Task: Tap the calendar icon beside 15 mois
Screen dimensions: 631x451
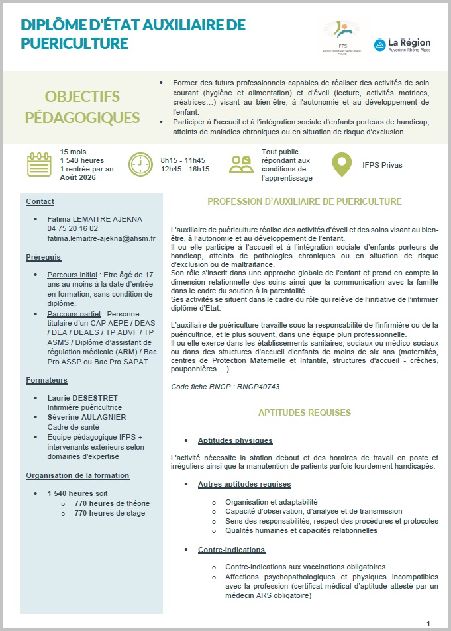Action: click(39, 164)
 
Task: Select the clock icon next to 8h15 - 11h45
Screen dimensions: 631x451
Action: click(140, 164)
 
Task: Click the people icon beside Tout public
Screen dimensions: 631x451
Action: click(241, 164)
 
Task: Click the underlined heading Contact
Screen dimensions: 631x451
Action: click(40, 201)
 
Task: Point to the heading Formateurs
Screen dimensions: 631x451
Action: click(47, 380)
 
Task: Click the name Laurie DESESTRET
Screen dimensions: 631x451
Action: click(83, 398)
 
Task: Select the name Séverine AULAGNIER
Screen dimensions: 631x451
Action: click(87, 417)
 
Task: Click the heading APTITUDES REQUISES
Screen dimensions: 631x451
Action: click(305, 413)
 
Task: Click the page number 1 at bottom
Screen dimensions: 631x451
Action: click(428, 623)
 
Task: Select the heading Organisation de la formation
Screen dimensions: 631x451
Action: click(77, 475)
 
